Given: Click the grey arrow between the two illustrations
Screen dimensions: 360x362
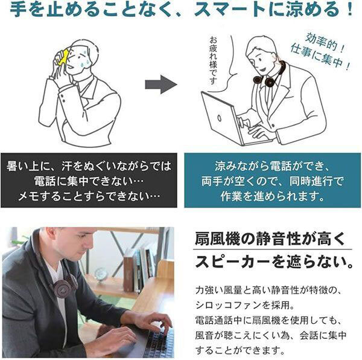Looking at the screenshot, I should click(161, 85).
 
